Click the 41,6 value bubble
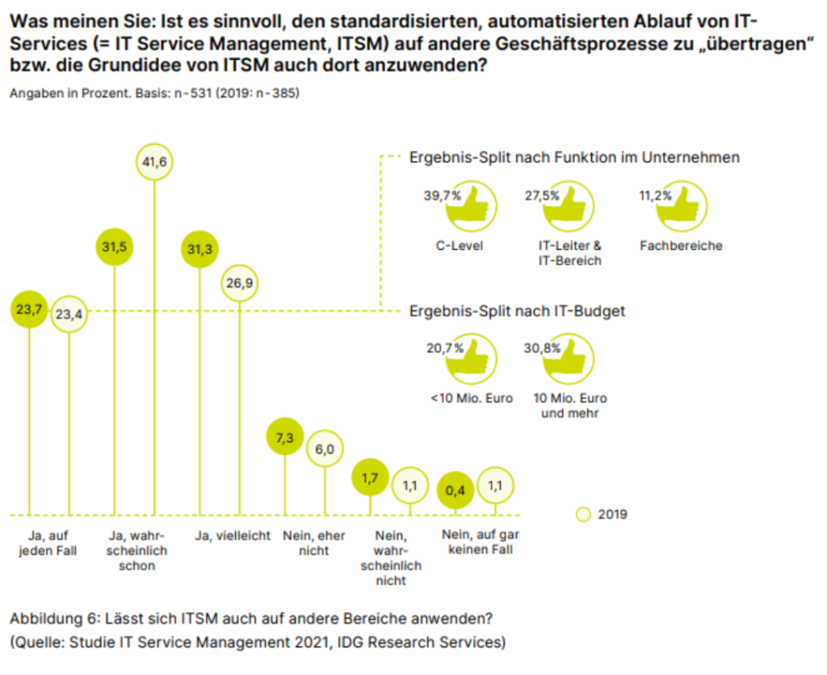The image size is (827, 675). [154, 162]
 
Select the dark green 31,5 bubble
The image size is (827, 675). [114, 247]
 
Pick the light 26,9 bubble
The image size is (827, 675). [240, 284]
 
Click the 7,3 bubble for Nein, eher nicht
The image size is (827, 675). [284, 437]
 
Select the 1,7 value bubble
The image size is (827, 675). [371, 477]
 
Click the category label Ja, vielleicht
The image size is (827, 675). [233, 536]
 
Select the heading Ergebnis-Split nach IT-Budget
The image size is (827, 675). [518, 310]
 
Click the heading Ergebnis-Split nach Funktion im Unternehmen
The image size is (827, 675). [574, 157]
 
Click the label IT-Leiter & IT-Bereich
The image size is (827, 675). [570, 252]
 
